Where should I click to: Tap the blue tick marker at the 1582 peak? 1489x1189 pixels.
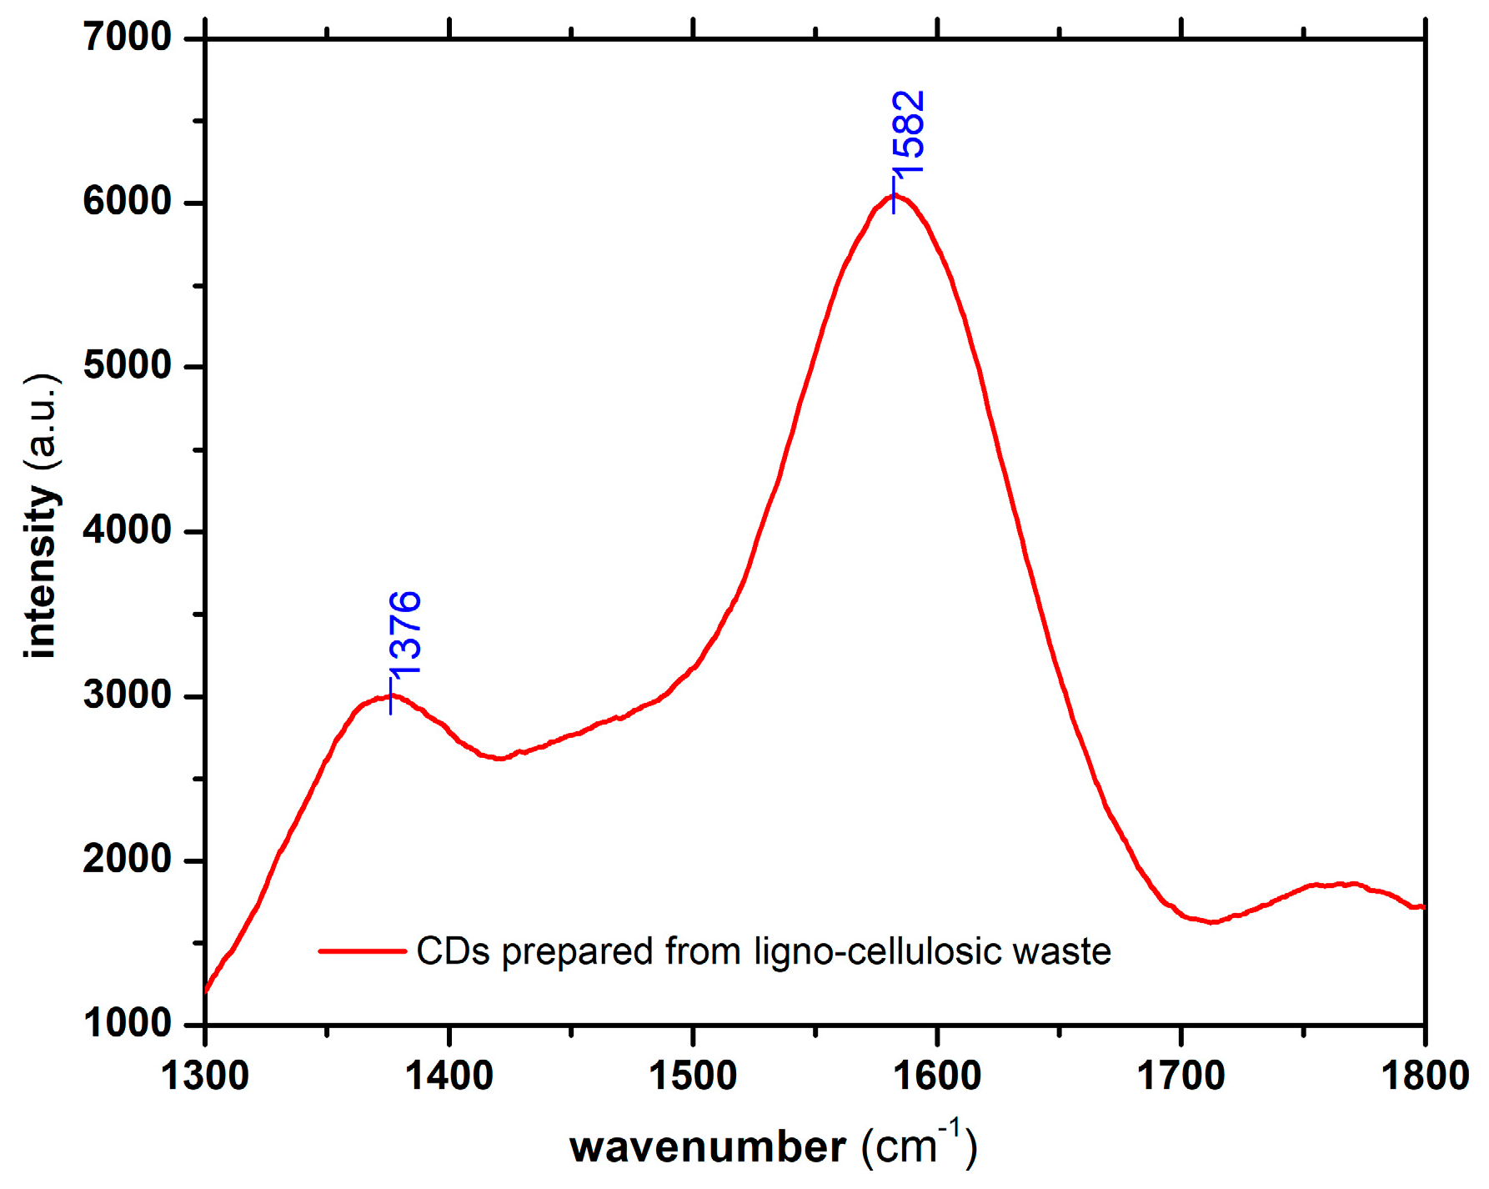895,195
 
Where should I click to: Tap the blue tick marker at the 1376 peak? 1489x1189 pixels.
391,695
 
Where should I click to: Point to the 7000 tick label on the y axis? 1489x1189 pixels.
128,38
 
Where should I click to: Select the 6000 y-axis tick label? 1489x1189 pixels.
128,202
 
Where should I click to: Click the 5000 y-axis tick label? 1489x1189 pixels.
128,366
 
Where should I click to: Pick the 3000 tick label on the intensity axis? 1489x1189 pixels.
128,695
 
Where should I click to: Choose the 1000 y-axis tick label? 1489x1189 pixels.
128,1024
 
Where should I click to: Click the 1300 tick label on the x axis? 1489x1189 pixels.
205,1076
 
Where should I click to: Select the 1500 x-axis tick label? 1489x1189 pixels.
693,1076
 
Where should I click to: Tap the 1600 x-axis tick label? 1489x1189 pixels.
937,1076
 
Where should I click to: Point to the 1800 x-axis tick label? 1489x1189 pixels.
1424,1076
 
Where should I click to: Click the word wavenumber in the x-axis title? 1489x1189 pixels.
708,1148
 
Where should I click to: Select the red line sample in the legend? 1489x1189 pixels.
363,951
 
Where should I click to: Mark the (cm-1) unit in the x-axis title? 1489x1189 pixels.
919,1145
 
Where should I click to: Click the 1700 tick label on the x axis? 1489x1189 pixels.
1181,1076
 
